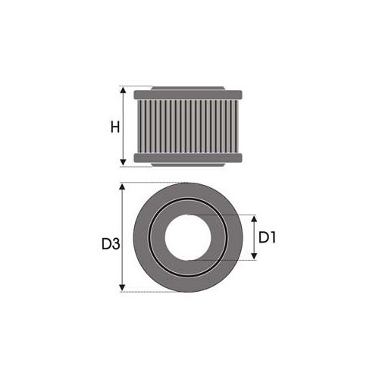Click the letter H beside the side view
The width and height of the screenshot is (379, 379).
point(114,127)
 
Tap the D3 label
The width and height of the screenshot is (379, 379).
point(110,244)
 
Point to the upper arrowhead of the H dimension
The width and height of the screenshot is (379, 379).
point(124,90)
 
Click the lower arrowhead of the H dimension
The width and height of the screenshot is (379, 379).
point(124,162)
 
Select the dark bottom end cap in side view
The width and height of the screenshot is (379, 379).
point(188,158)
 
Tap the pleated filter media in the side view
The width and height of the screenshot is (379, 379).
point(188,127)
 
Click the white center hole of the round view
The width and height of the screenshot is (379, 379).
point(188,237)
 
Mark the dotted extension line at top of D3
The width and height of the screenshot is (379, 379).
point(152,183)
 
